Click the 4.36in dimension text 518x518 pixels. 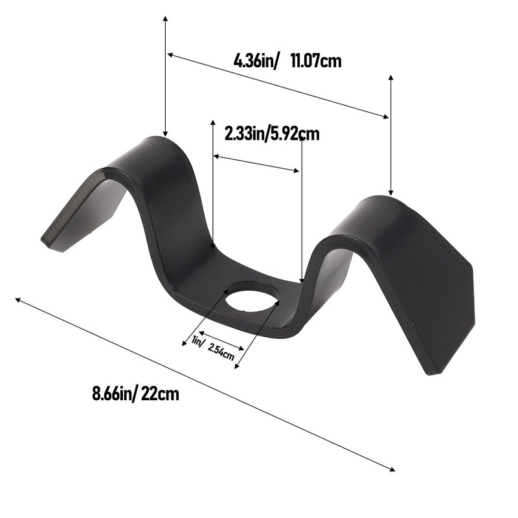[256, 62]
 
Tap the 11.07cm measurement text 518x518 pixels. [316, 62]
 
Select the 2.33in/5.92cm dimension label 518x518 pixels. [273, 134]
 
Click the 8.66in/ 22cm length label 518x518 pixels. [135, 393]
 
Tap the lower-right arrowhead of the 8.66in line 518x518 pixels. [392, 469]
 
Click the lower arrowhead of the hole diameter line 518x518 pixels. [236, 366]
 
